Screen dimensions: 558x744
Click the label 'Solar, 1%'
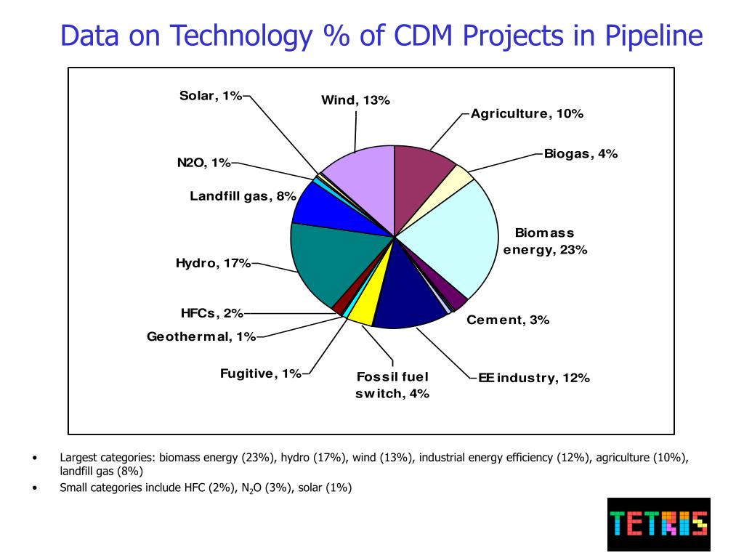[211, 96]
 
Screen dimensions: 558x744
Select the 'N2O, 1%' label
[203, 163]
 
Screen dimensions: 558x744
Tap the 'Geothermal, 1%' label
[201, 336]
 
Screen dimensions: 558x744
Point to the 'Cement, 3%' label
[508, 320]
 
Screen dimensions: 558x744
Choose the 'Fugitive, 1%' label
[260, 373]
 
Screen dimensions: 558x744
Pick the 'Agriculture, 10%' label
[527, 113]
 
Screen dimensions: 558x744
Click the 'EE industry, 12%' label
[533, 378]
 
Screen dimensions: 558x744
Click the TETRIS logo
[658, 524]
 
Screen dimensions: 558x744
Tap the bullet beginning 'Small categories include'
[206, 488]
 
